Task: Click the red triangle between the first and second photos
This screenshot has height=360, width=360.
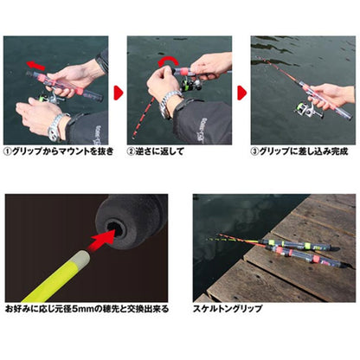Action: click(119, 89)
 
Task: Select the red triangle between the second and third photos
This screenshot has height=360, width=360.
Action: click(242, 89)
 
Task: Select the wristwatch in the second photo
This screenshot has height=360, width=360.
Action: click(169, 102)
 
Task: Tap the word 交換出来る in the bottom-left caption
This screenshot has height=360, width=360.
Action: click(152, 308)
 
